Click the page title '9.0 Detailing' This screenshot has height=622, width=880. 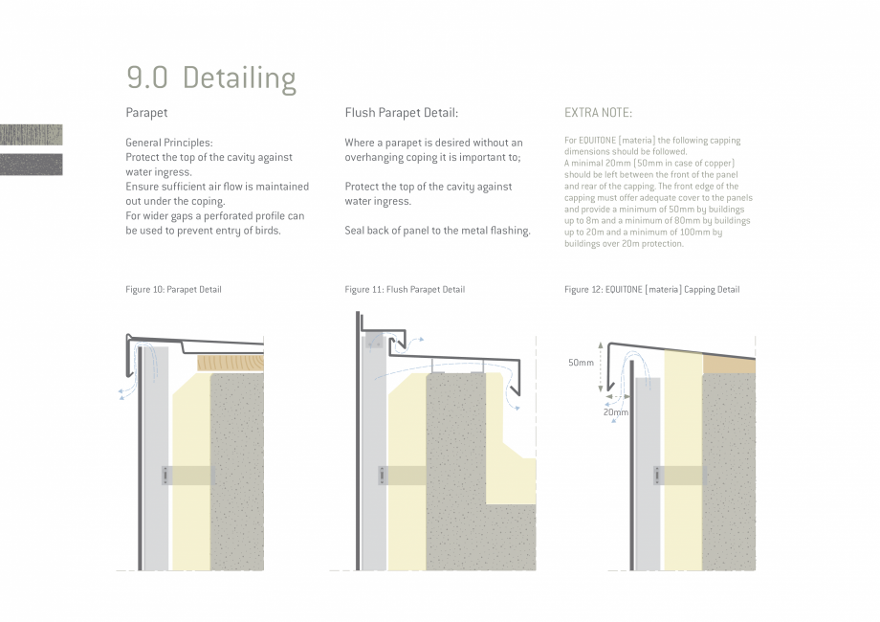211,78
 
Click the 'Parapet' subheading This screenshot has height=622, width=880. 146,113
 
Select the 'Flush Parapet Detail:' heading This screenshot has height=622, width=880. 402,113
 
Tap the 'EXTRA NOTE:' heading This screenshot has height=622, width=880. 598,113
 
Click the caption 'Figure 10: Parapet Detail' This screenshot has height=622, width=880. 173,290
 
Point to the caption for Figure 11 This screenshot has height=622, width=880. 405,290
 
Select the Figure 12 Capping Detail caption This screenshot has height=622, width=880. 652,290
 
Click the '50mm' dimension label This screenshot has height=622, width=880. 581,363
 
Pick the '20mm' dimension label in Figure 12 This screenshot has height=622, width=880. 616,412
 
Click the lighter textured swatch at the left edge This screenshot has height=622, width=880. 32,135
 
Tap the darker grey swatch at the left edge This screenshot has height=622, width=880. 32,165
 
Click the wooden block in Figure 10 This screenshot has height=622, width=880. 231,364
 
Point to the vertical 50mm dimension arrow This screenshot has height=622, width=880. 601,367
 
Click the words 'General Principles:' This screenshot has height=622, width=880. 169,143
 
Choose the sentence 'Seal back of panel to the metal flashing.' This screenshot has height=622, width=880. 437,231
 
